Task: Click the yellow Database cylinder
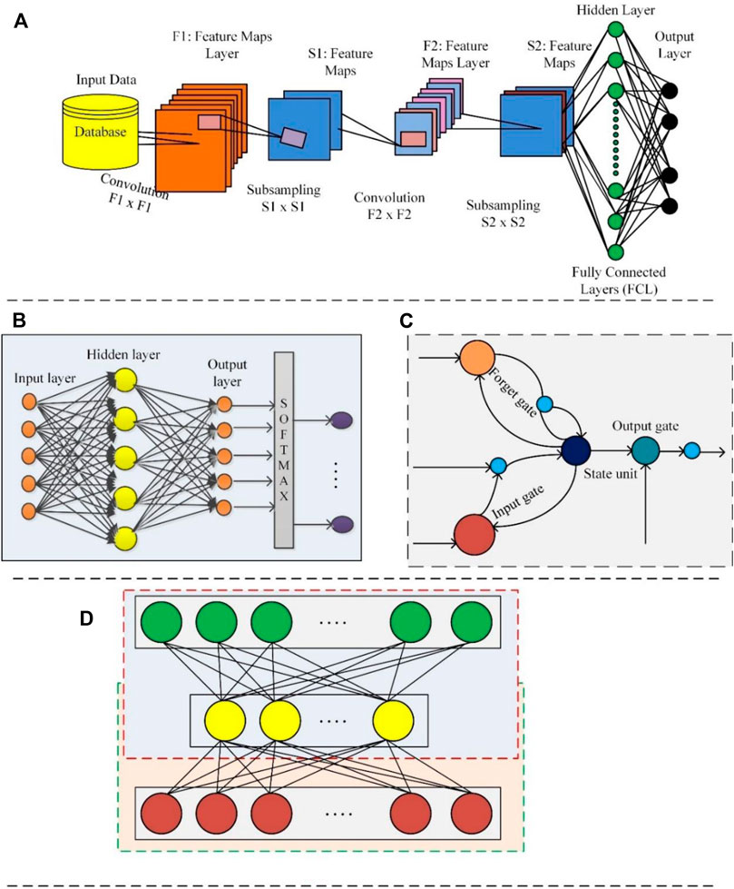(94, 133)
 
